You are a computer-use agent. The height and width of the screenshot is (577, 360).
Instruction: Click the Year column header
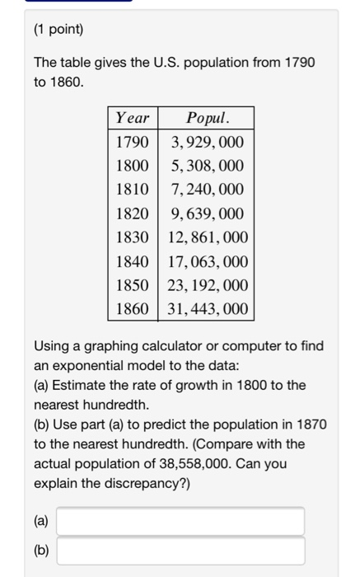pyautogui.click(x=132, y=118)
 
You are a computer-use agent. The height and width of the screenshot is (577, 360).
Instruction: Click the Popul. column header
pyautogui.click(x=207, y=118)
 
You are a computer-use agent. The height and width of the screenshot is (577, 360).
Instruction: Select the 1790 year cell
pyautogui.click(x=132, y=142)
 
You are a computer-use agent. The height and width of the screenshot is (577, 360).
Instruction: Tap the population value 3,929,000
pyautogui.click(x=207, y=142)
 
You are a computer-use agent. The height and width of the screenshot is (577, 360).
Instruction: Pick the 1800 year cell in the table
pyautogui.click(x=132, y=166)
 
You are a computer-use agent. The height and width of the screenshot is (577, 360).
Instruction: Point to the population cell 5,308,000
pyautogui.click(x=207, y=166)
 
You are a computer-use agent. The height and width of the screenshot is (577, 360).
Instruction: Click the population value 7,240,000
pyautogui.click(x=207, y=190)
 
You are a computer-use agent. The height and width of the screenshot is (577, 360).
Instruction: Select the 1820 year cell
pyautogui.click(x=132, y=213)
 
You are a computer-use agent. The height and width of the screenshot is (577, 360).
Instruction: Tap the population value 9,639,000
pyautogui.click(x=207, y=213)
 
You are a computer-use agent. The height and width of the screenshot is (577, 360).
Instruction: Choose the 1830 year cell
pyautogui.click(x=132, y=237)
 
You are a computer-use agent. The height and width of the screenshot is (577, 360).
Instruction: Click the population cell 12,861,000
pyautogui.click(x=207, y=237)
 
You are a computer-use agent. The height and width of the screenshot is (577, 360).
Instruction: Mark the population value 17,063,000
pyautogui.click(x=207, y=261)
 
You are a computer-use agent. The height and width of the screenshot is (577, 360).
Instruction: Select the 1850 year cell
pyautogui.click(x=132, y=285)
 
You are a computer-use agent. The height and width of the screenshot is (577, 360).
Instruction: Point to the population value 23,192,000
pyautogui.click(x=207, y=285)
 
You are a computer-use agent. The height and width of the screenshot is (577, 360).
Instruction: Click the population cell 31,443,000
pyautogui.click(x=207, y=309)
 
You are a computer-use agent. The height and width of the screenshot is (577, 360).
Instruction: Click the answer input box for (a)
pyautogui.click(x=180, y=521)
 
